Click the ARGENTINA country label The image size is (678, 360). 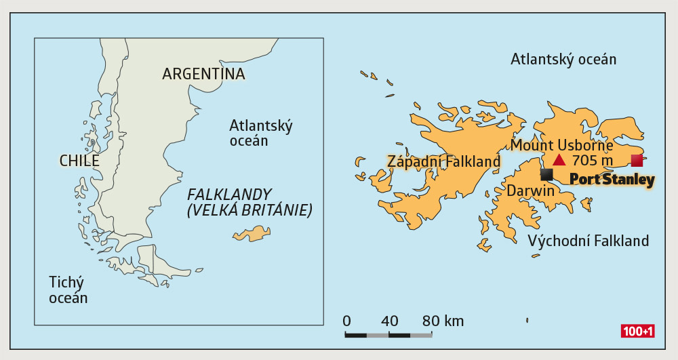click(203, 74)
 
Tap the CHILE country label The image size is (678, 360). click(79, 161)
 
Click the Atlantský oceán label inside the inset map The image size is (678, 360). click(260, 133)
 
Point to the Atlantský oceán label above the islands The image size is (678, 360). click(563, 59)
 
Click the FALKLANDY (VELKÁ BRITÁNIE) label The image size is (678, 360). click(249, 202)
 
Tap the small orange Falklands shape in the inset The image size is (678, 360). click(252, 234)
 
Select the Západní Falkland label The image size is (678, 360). click(443, 161)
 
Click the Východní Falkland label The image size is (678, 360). click(588, 241)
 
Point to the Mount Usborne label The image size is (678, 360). click(561, 145)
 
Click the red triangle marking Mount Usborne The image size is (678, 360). click(559, 160)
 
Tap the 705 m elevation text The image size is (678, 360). click(592, 161)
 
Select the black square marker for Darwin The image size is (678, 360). click(546, 175)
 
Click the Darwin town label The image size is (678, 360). click(531, 191)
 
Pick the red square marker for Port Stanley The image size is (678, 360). click(637, 160)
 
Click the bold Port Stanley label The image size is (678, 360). click(612, 180)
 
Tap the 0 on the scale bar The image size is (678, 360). click(346, 321)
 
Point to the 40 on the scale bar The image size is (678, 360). click(389, 321)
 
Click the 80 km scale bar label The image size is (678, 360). click(443, 321)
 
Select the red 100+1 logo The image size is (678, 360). click(637, 332)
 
